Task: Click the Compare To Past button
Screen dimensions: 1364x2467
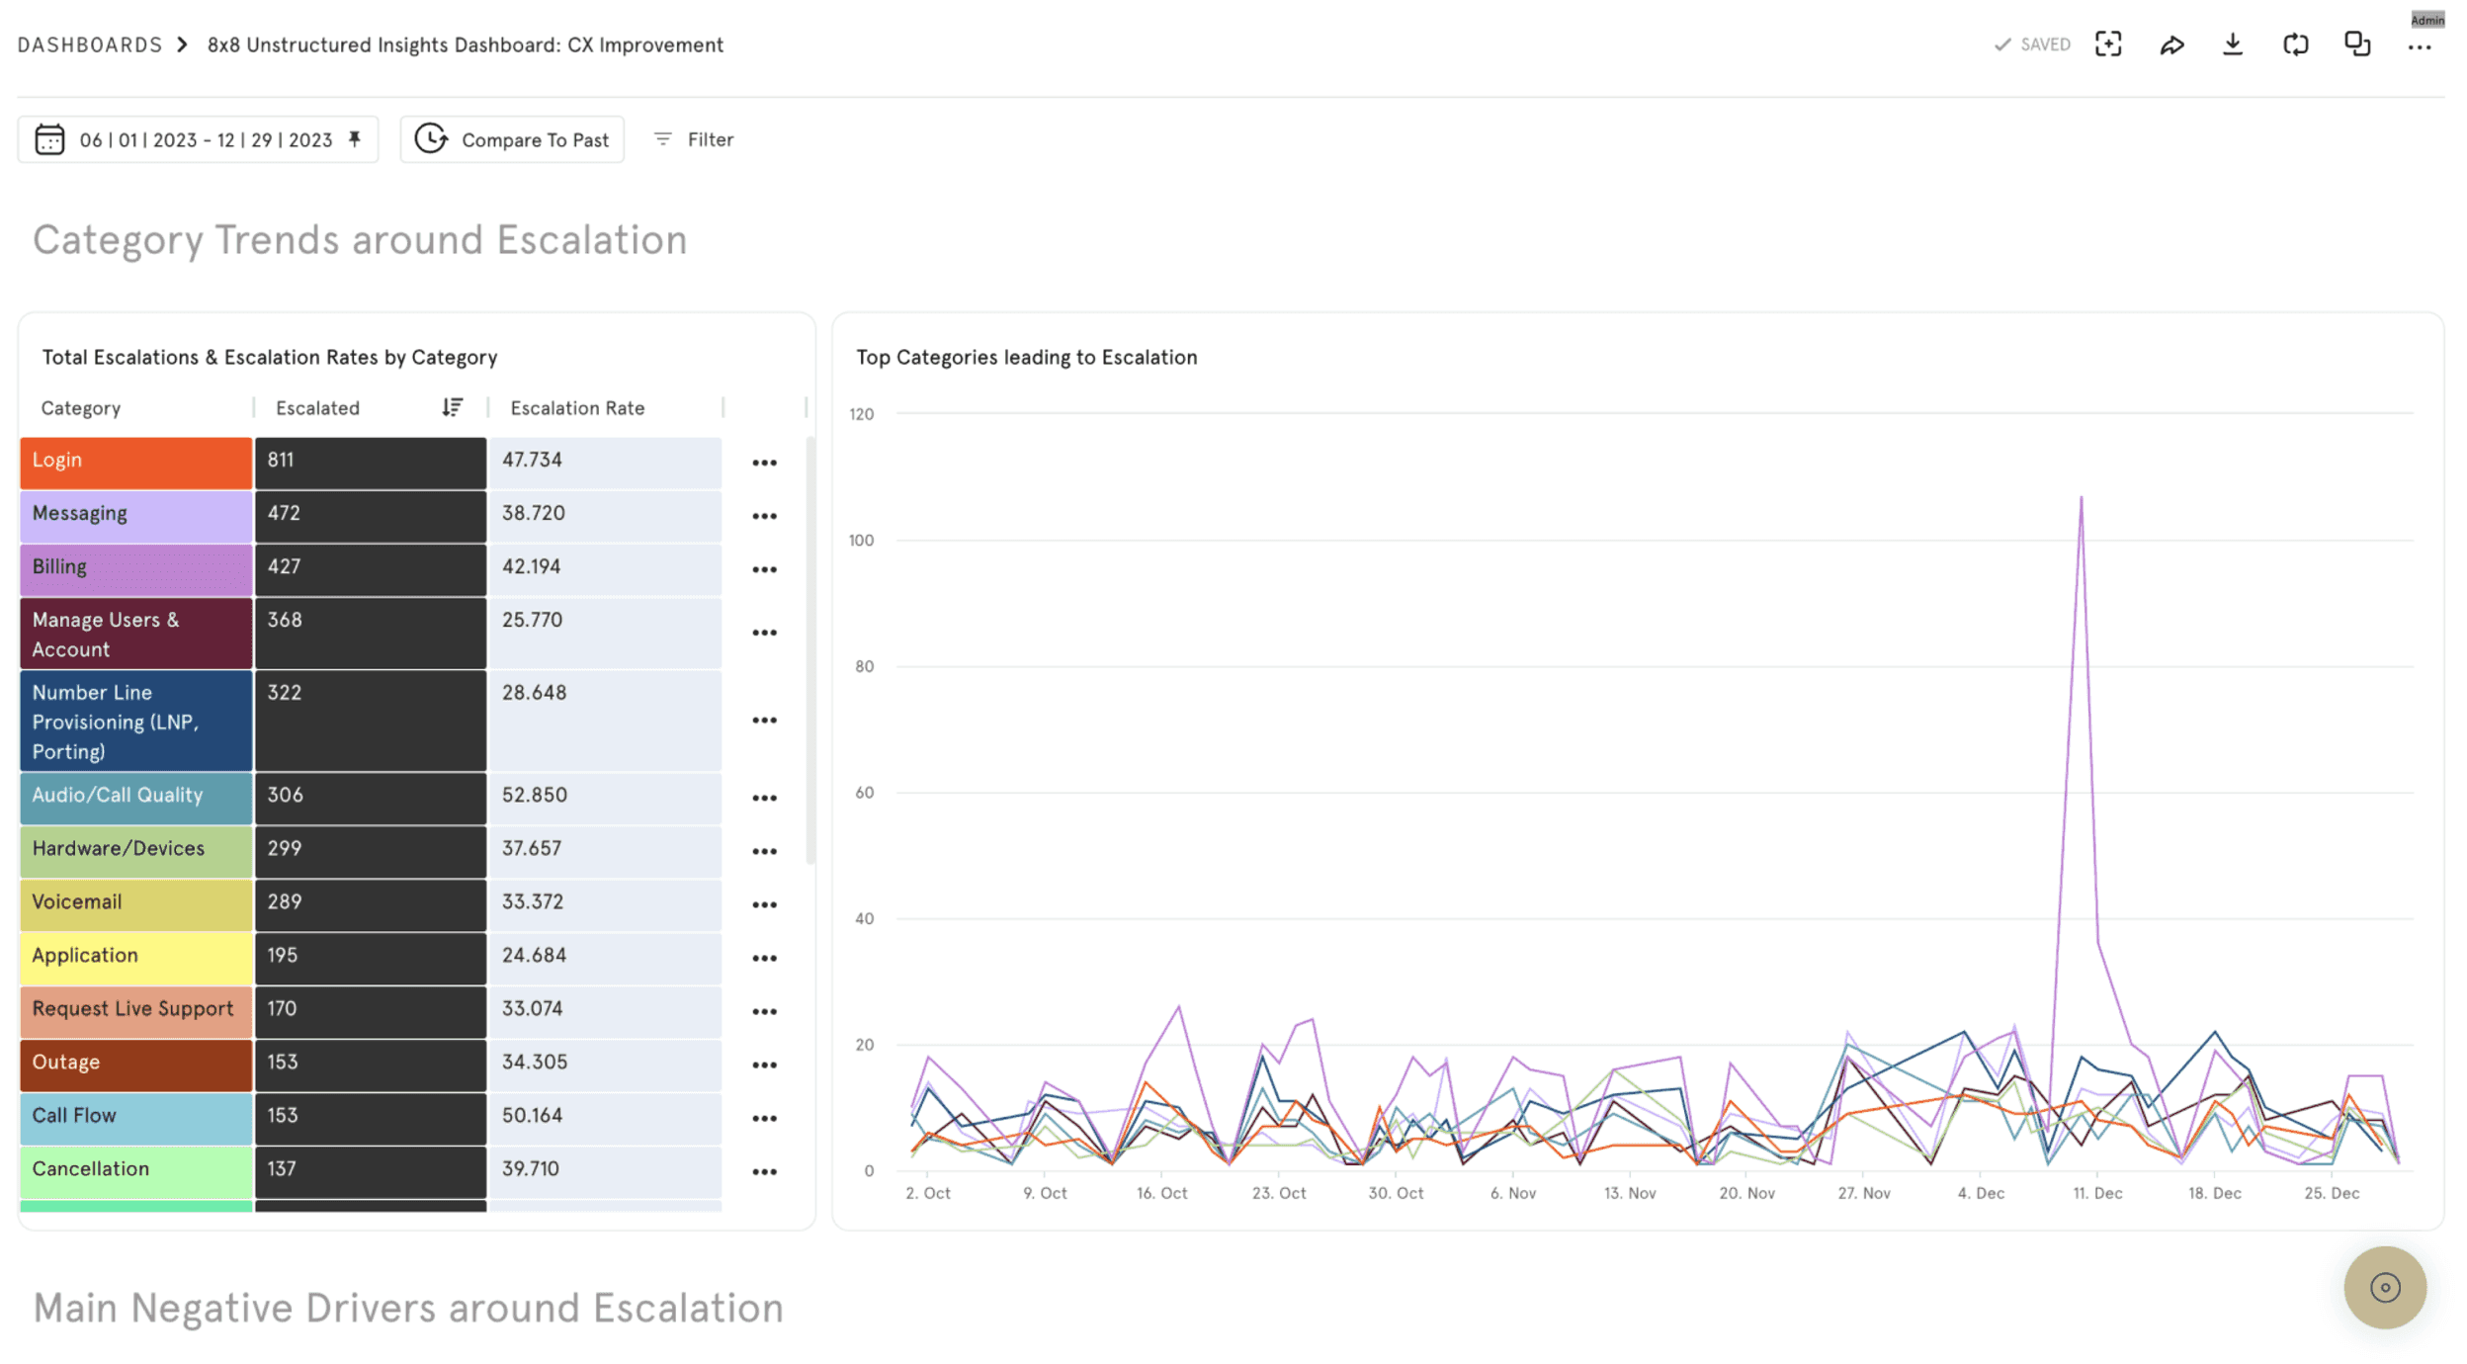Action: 512,139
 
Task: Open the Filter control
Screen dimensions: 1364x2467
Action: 694,139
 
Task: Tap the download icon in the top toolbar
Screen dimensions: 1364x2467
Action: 2232,44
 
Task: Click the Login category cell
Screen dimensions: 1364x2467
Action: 135,462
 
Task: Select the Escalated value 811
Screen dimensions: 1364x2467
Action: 370,462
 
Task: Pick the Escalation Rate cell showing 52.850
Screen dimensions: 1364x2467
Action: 604,796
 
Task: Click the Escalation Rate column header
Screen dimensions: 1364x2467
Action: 577,408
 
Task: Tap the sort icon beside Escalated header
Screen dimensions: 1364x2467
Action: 452,407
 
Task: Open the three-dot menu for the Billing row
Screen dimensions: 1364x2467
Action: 764,569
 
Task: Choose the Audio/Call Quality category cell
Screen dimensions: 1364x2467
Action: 135,796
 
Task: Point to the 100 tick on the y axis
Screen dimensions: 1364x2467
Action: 861,541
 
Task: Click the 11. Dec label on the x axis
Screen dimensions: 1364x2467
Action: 2097,1193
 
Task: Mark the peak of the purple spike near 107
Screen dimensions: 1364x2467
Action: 2081,497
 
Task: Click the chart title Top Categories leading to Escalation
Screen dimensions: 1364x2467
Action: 1026,357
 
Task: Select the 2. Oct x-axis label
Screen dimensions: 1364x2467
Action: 927,1193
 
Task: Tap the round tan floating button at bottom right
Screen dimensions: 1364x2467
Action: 2384,1287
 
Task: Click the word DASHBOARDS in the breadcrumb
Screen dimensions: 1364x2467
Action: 90,44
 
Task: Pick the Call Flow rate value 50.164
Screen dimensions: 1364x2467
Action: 604,1116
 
